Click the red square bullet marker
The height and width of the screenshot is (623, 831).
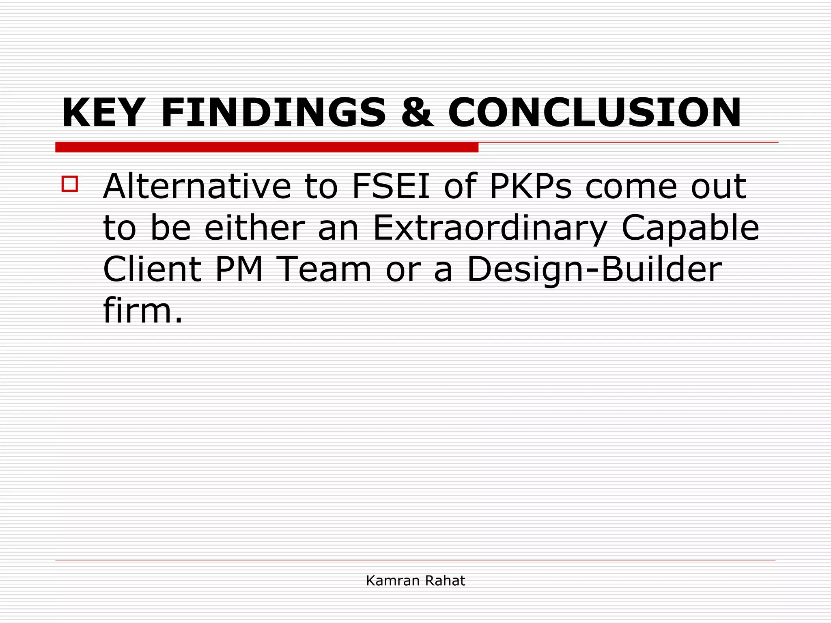70,184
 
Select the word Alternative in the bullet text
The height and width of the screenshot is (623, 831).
197,187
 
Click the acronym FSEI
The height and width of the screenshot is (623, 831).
391,187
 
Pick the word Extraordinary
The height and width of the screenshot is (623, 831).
490,228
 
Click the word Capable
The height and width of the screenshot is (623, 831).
690,228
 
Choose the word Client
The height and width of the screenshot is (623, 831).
152,269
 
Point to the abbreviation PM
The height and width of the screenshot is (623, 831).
239,269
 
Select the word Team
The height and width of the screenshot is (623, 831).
325,269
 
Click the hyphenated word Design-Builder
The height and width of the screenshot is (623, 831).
594,269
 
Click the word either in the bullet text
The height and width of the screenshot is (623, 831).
254,228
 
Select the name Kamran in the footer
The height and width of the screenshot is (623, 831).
392,581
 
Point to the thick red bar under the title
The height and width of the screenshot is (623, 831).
267,147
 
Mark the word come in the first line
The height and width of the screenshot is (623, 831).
631,187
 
